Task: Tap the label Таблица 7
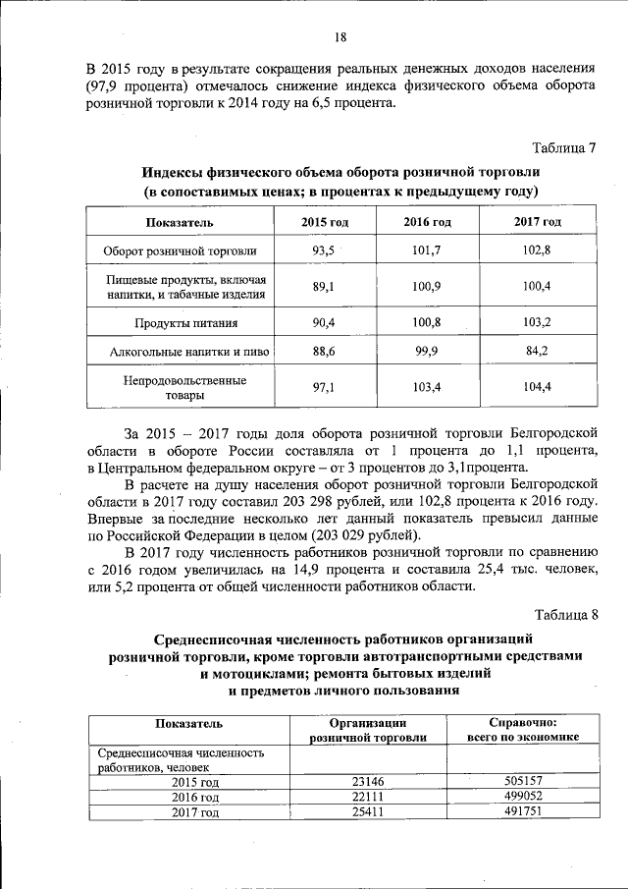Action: point(564,149)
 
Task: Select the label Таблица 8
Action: point(564,616)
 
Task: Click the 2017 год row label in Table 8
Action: point(194,812)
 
